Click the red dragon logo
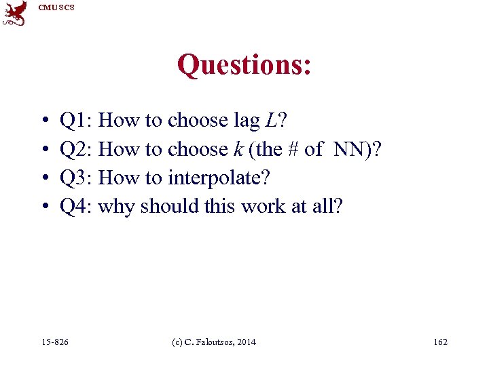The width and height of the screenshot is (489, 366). [x=14, y=13]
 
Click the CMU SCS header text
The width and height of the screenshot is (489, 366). [x=56, y=7]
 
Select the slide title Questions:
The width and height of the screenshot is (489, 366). [x=244, y=65]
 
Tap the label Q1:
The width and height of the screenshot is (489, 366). [x=77, y=121]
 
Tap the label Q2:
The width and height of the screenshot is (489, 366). [x=77, y=150]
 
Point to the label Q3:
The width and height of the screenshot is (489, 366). [x=77, y=178]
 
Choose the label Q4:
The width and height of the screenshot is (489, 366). [x=77, y=207]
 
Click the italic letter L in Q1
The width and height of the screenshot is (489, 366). [x=272, y=121]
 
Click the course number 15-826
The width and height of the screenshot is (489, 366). [x=54, y=342]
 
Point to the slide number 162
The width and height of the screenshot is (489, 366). [x=440, y=342]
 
